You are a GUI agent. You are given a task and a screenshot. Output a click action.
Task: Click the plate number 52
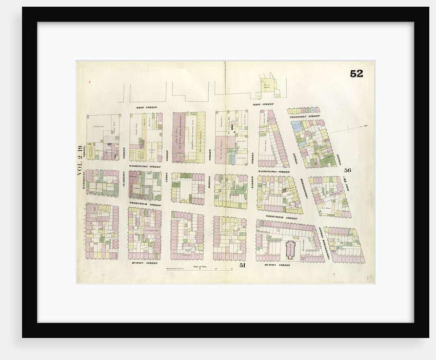pyautogui.click(x=356, y=74)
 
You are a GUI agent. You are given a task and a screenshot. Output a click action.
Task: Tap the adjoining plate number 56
pyautogui.click(x=347, y=170)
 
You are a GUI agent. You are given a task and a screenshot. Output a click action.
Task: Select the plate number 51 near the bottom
pyautogui.click(x=243, y=265)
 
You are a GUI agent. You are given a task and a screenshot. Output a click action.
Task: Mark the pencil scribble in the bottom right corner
pyautogui.click(x=369, y=277)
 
